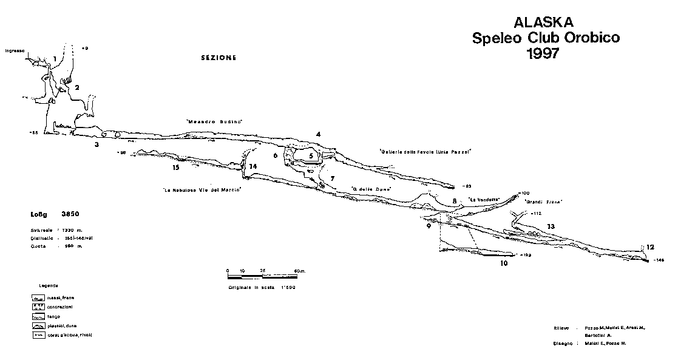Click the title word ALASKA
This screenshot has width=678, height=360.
(x=543, y=22)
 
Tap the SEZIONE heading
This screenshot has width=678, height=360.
(x=218, y=58)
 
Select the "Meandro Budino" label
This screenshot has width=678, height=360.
(x=214, y=122)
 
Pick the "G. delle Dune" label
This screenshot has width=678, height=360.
(x=371, y=189)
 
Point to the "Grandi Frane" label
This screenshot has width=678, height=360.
(x=543, y=202)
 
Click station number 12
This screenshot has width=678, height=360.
(x=650, y=247)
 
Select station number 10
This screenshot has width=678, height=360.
(x=503, y=263)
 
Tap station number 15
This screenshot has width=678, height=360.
(x=176, y=167)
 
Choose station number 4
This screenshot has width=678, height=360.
(x=317, y=134)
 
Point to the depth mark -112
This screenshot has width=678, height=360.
(x=535, y=214)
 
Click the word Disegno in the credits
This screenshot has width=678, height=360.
(x=562, y=343)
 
